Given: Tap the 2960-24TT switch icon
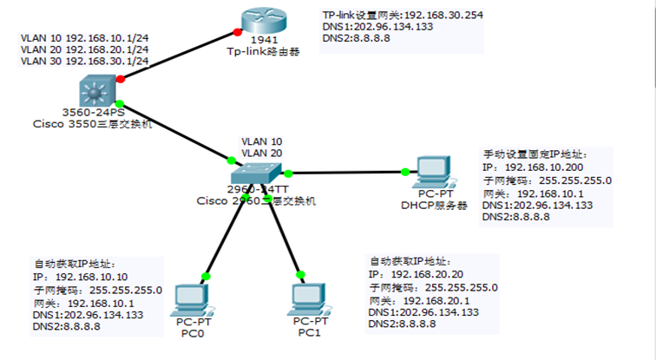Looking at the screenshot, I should coord(259,171).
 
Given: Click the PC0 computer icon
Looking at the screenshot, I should coord(193,299).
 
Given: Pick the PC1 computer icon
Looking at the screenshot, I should coord(309,299).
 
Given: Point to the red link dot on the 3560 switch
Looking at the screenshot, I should coord(120,79).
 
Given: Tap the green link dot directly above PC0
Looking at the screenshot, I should coord(206,276).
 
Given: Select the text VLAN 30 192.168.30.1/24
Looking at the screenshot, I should coord(84,62).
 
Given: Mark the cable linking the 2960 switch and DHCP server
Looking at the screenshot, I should coord(347,172).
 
